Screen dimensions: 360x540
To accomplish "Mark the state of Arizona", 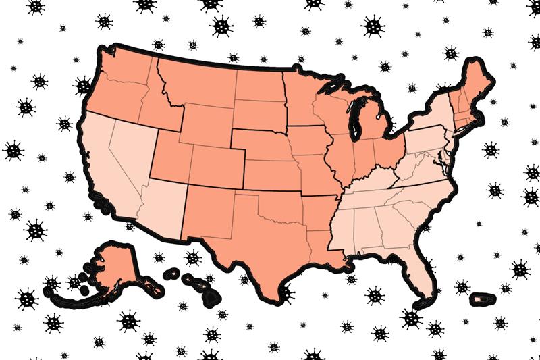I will (162, 206).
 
